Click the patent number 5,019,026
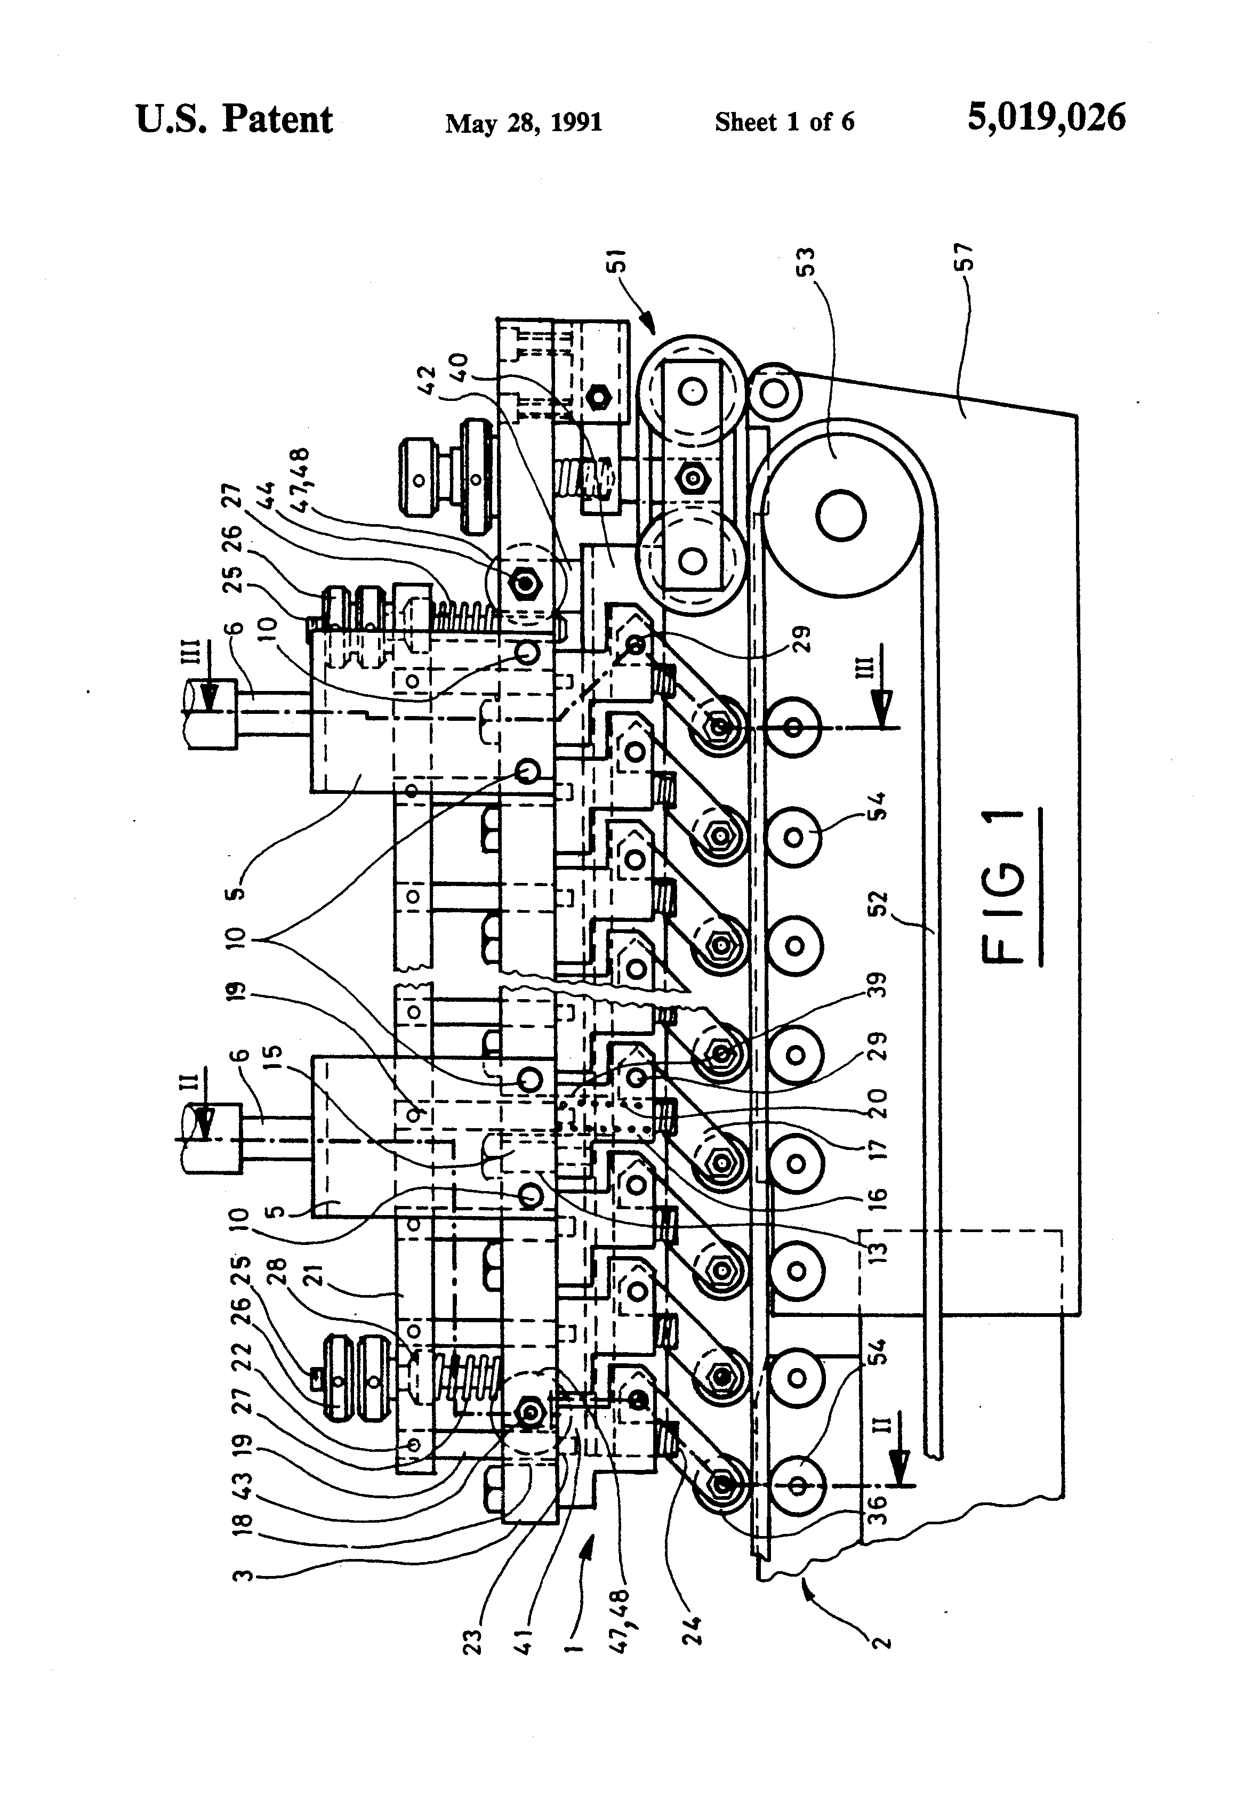click(x=1046, y=118)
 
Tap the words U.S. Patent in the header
click(x=235, y=119)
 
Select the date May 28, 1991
click(x=524, y=123)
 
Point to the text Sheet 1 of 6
click(x=784, y=122)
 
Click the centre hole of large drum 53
click(x=840, y=515)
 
